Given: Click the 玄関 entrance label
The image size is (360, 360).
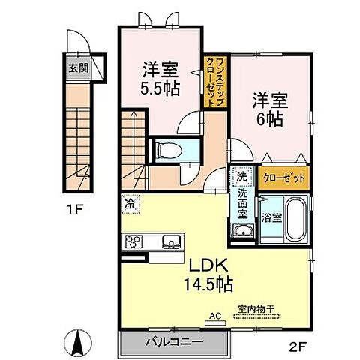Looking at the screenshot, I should tap(78, 66).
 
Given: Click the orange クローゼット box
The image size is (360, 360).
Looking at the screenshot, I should tap(283, 178).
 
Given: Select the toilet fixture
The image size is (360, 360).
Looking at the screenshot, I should tap(167, 149).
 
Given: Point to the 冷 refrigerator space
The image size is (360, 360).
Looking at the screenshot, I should tap(130, 202).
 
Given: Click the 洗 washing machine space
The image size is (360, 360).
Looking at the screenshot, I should tap(241, 178).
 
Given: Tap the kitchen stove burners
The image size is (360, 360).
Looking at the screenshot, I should tap(136, 241).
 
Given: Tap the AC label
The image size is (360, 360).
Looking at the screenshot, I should tap(215, 316).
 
